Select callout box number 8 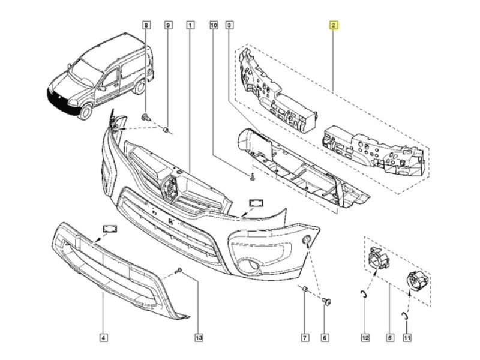(146, 26)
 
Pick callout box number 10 (213, 26)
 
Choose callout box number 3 (229, 26)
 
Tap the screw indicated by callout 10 (253, 176)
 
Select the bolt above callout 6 (327, 301)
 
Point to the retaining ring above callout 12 (364, 293)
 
